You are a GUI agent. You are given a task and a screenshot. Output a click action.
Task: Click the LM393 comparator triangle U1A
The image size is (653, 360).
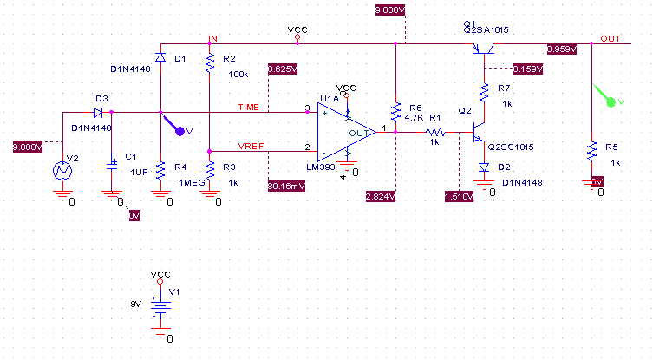(x=343, y=130)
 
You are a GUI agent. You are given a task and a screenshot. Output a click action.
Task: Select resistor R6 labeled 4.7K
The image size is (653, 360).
(x=395, y=111)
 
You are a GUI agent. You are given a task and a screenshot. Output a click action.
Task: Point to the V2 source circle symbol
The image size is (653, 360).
(x=62, y=171)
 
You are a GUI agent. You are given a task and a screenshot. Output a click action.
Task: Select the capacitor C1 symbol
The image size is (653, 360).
(x=111, y=163)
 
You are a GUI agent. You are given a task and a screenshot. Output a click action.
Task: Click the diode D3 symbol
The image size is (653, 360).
(x=100, y=112)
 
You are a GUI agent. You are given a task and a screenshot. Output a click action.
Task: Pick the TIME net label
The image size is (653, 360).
(x=249, y=106)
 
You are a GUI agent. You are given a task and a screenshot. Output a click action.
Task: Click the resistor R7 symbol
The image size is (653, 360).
(x=486, y=91)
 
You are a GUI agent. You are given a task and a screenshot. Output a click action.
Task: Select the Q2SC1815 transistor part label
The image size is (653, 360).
(x=513, y=147)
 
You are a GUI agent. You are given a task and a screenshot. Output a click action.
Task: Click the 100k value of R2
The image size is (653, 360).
(x=238, y=74)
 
